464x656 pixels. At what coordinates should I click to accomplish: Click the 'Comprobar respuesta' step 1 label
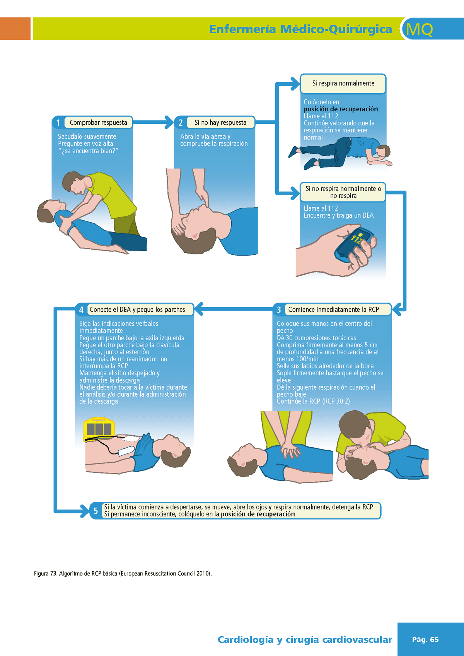(x=99, y=123)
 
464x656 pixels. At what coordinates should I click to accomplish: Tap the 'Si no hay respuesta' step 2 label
(x=220, y=123)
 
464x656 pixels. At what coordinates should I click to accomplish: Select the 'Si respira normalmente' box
(x=343, y=83)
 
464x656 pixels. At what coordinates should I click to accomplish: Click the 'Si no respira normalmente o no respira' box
(x=343, y=192)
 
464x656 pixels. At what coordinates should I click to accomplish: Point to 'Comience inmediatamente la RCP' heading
(x=333, y=310)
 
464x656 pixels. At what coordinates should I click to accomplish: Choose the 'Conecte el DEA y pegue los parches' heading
(x=137, y=310)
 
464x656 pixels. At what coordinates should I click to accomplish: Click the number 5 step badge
(x=96, y=511)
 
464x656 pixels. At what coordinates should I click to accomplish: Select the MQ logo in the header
(x=419, y=29)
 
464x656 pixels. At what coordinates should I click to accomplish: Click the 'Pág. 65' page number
(x=425, y=640)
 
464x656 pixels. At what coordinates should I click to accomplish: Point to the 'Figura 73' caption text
(x=123, y=573)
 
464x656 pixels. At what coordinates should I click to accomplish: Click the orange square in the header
(x=15, y=28)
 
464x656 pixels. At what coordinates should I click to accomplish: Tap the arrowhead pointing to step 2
(x=170, y=122)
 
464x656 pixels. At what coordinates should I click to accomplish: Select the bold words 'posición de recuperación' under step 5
(x=258, y=514)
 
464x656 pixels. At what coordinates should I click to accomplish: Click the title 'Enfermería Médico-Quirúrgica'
(x=300, y=29)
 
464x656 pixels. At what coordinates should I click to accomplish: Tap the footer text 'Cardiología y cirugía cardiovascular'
(x=305, y=640)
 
